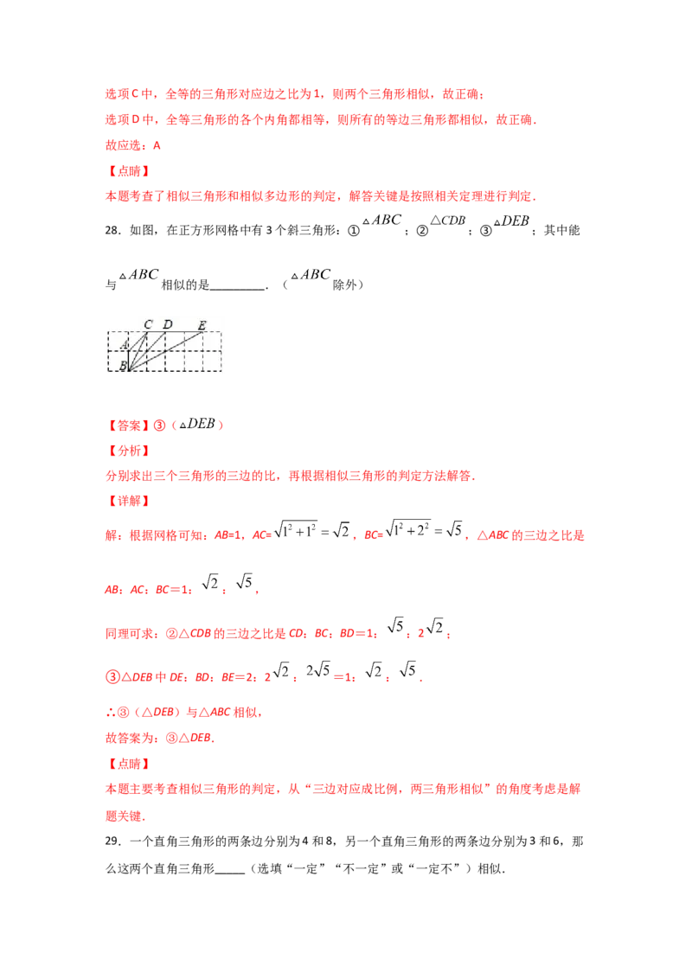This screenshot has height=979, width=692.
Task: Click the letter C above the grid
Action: point(148,324)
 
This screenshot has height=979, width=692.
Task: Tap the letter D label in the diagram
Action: point(168,324)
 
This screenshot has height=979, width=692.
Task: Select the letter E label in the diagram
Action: point(202,325)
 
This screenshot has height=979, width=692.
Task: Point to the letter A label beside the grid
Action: point(124,344)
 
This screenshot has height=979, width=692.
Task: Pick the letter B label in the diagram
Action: point(123,367)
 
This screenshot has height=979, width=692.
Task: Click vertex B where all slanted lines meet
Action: point(129,370)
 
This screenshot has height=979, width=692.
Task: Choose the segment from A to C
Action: point(138,342)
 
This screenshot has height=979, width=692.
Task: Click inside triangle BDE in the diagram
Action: point(169,344)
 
